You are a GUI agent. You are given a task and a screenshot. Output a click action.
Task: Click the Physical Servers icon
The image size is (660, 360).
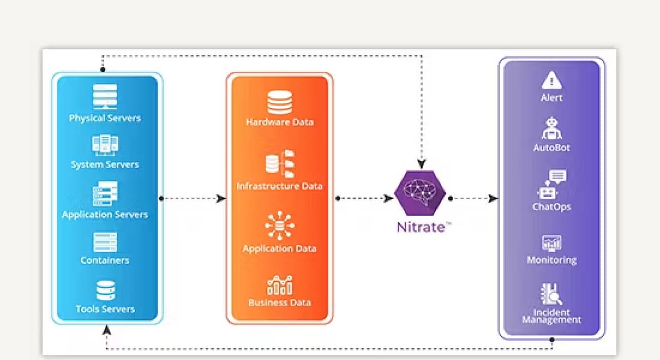click(x=105, y=96)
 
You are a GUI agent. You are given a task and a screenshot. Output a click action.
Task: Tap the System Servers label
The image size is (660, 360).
click(x=105, y=164)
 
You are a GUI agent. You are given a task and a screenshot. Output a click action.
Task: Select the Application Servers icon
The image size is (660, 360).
click(x=105, y=194)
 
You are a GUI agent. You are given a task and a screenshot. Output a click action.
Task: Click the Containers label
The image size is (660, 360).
click(x=105, y=260)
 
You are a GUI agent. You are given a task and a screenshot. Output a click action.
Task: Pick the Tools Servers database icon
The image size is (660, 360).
click(x=106, y=290)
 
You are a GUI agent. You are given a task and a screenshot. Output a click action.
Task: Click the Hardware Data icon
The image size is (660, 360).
click(x=280, y=101)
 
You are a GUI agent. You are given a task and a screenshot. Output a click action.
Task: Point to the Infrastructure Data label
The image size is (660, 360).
click(x=280, y=186)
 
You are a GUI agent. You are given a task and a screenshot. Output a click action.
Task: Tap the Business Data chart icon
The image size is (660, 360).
click(x=280, y=285)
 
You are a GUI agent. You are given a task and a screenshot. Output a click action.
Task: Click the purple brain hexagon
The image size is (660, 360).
click(x=420, y=193)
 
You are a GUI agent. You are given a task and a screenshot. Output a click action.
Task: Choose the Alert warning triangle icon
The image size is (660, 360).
click(x=551, y=80)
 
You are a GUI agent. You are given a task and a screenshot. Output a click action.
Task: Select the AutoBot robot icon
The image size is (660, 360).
click(x=551, y=128)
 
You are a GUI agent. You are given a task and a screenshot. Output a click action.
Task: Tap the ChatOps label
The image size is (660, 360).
click(x=551, y=207)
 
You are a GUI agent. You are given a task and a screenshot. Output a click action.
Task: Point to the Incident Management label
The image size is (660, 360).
click(x=551, y=316)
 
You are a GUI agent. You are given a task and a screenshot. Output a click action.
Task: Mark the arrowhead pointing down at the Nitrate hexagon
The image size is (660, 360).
click(x=422, y=163)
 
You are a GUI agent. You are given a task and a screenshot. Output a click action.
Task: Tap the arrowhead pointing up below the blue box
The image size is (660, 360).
click(x=107, y=329)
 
